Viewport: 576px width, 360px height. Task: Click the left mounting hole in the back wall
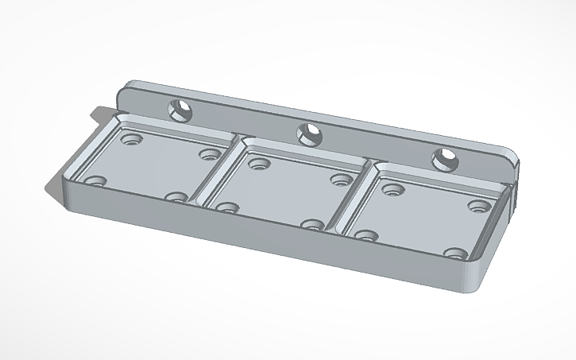180,110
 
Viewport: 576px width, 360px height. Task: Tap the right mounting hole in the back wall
445,159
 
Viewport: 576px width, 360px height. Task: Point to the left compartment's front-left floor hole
97,181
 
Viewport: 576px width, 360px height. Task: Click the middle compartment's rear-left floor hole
256,164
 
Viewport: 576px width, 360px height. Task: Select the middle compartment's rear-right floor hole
342,180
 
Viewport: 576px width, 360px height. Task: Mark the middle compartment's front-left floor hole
228,207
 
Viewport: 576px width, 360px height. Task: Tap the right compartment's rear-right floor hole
477,206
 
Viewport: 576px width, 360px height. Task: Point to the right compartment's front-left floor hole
365,236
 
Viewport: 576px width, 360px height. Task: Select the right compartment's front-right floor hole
455,255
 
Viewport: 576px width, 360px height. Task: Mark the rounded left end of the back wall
124,93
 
